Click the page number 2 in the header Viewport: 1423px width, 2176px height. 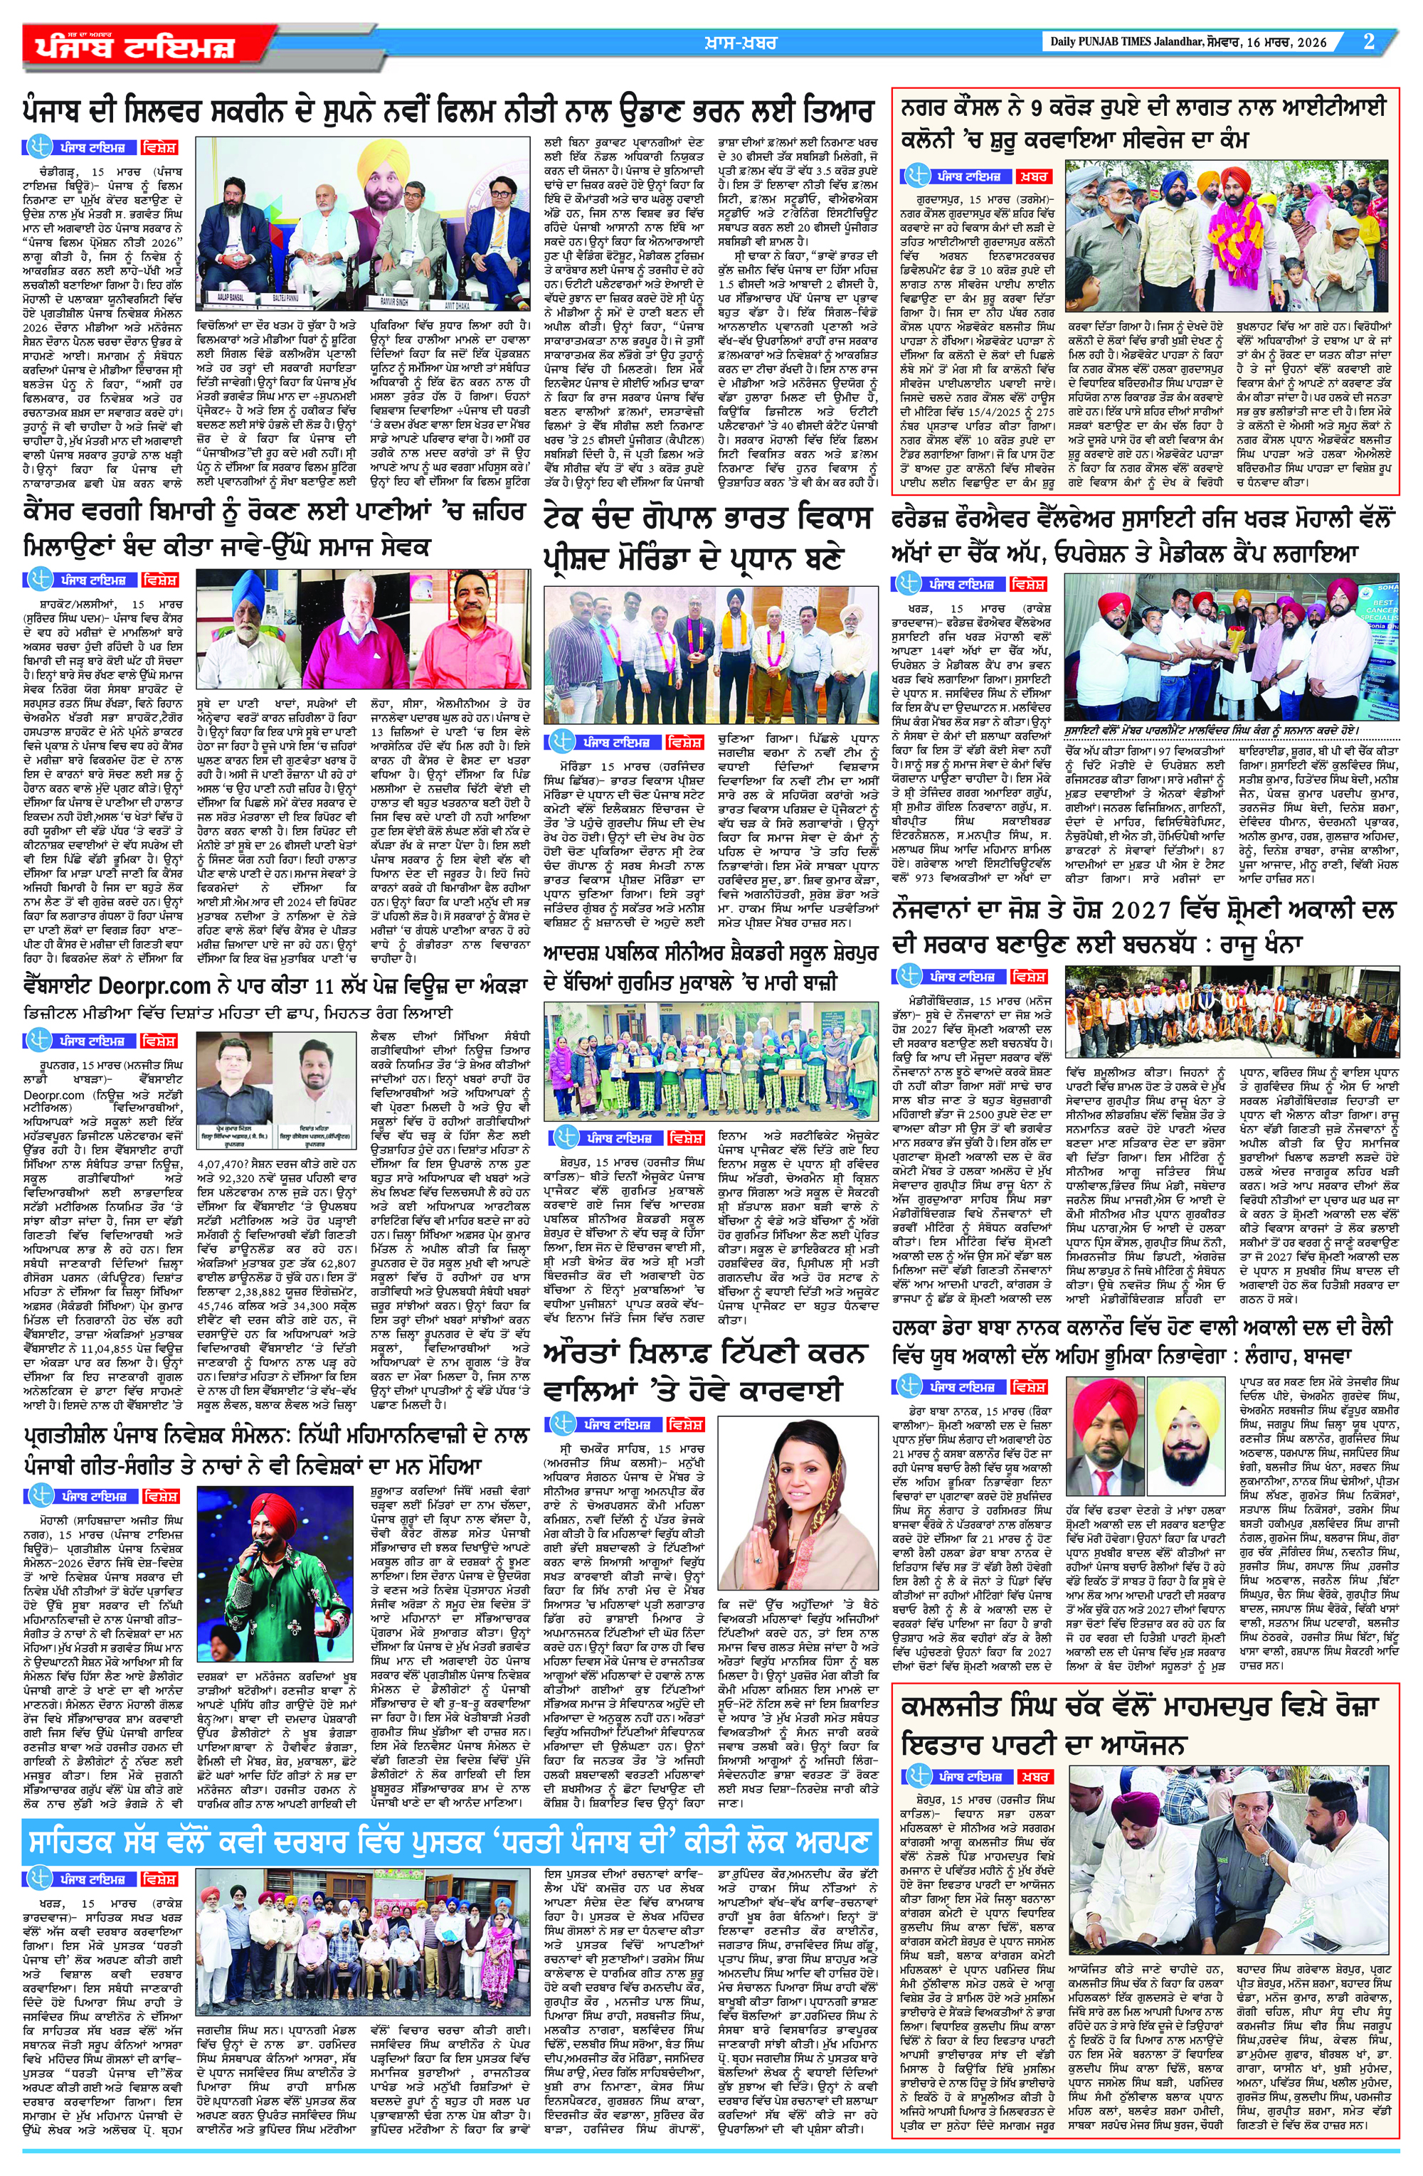click(1369, 41)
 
